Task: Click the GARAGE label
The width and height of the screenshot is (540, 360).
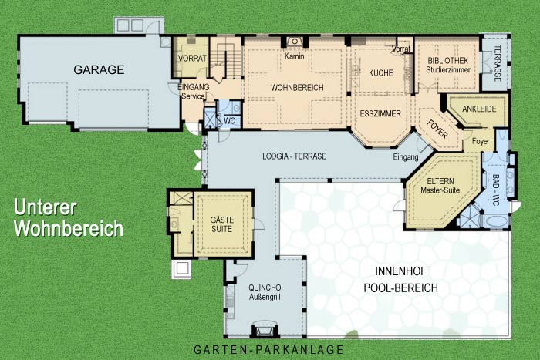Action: click(x=99, y=70)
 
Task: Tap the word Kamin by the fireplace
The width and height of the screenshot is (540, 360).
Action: click(x=295, y=56)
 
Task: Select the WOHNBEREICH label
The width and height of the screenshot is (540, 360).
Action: click(x=297, y=88)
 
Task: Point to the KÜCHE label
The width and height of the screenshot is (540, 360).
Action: click(x=381, y=73)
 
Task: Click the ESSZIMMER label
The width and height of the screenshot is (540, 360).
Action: click(x=380, y=113)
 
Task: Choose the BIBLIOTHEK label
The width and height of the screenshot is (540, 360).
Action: click(x=448, y=61)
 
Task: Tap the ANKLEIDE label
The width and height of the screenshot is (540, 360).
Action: click(x=479, y=109)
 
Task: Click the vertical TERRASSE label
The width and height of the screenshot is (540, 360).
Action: click(x=498, y=63)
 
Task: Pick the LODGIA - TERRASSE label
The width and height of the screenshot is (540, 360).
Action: click(x=295, y=156)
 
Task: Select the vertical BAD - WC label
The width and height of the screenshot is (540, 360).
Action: click(x=495, y=190)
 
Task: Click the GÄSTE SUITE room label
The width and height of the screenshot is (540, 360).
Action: click(x=222, y=224)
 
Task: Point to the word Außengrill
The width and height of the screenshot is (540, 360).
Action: click(x=265, y=297)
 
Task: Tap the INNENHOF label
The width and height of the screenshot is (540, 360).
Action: click(x=400, y=271)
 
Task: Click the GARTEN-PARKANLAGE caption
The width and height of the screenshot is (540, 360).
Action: click(x=269, y=350)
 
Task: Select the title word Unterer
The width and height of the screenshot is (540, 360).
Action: click(x=45, y=207)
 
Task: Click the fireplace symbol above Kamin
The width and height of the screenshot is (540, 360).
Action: click(x=295, y=42)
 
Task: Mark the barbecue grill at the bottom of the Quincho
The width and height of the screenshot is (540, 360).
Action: click(x=265, y=329)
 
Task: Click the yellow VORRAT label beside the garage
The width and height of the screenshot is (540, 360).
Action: click(x=192, y=59)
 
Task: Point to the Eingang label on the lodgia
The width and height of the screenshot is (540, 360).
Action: click(x=406, y=157)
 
